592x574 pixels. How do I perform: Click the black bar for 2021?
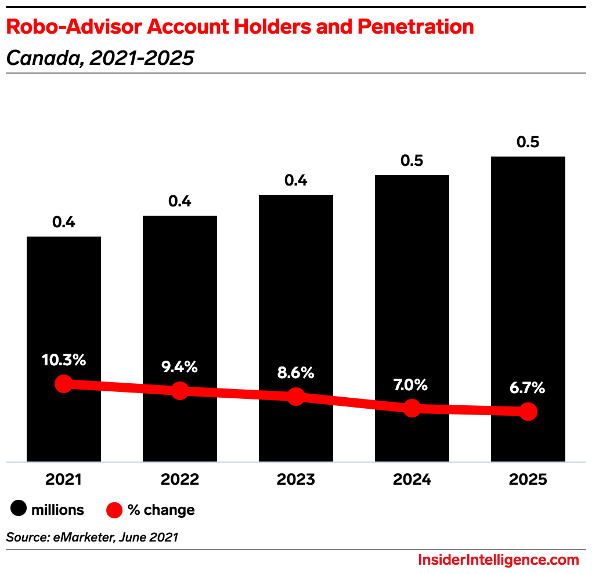[x=64, y=301]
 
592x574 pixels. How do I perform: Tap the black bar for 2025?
[x=528, y=261]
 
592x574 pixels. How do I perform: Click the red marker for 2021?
[x=64, y=384]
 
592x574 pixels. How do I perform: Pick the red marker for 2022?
[x=180, y=390]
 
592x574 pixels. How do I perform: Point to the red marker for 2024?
[x=412, y=408]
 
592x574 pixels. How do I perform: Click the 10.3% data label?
[x=64, y=359]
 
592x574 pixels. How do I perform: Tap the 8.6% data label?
[x=296, y=372]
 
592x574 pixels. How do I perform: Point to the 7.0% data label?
[x=412, y=384]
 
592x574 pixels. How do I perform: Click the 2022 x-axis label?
[x=180, y=480]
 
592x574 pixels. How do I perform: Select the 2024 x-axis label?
[x=412, y=480]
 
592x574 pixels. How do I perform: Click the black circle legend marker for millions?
[x=19, y=510]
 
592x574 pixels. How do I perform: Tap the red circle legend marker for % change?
[x=114, y=510]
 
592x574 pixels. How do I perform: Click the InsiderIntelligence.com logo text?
[x=498, y=560]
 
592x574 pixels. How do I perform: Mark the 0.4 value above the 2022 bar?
[x=180, y=201]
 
